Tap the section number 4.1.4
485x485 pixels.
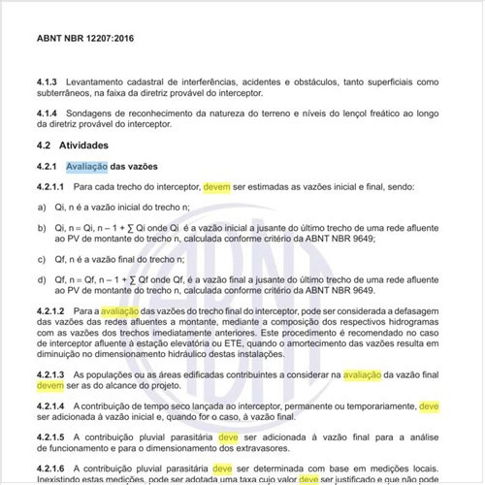[48, 113]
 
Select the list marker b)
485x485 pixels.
[42, 228]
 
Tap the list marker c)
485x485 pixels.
[42, 261]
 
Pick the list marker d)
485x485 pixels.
[42, 281]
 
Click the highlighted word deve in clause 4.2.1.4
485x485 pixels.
[430, 406]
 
